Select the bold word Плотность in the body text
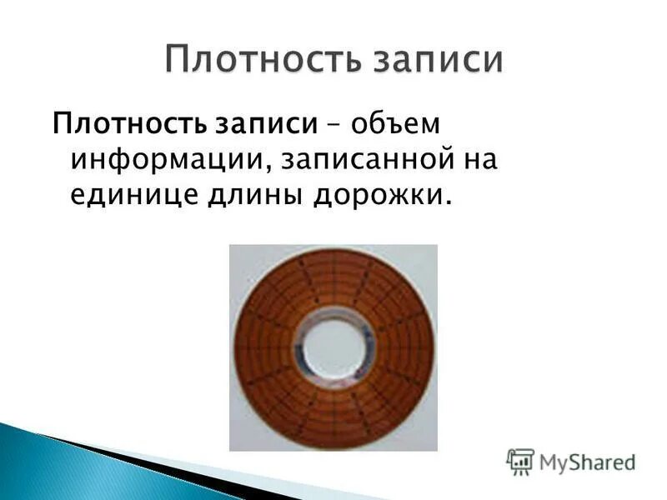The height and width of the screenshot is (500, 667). click(x=127, y=125)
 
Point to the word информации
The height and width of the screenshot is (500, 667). click(x=165, y=159)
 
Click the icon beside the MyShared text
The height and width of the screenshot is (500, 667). click(x=520, y=460)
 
